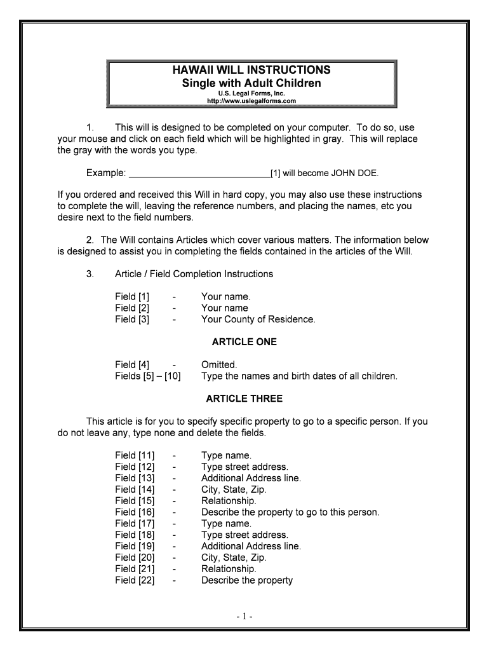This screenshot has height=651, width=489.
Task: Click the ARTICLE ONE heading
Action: [244, 342]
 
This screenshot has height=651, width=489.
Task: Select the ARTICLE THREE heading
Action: [244, 399]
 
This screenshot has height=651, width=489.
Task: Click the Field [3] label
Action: [132, 319]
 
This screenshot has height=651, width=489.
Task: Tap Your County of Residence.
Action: [258, 319]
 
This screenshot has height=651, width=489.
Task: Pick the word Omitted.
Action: [219, 365]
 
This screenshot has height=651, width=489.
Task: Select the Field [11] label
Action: [135, 455]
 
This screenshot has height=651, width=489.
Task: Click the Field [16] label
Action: [135, 512]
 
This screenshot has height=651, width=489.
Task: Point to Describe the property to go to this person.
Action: [290, 512]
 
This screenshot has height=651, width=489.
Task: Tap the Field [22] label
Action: [135, 580]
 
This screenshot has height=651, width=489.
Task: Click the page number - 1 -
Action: [244, 617]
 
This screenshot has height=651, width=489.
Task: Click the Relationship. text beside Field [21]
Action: [229, 569]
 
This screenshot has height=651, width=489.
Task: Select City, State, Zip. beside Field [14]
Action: [234, 490]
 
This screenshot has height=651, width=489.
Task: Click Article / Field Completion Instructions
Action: [194, 274]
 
